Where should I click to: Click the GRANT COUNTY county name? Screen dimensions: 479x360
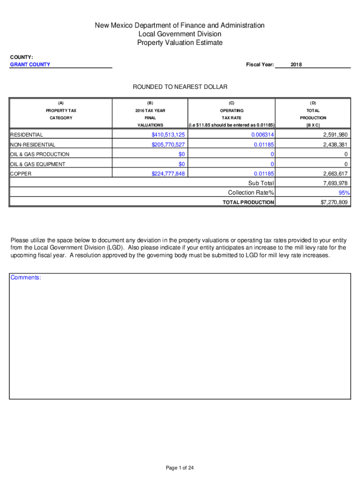pyautogui.click(x=30, y=65)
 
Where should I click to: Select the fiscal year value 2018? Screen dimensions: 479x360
pyautogui.click(x=296, y=65)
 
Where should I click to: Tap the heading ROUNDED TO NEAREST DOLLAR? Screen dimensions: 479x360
pyautogui.click(x=180, y=87)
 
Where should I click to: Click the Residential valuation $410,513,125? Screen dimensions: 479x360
pyautogui.click(x=165, y=135)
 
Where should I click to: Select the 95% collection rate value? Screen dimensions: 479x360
pyautogui.click(x=344, y=193)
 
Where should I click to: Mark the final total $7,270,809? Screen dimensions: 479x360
pyautogui.click(x=332, y=202)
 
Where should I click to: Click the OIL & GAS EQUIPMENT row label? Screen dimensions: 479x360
pyautogui.click(x=38, y=164)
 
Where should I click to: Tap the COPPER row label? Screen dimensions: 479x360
pyautogui.click(x=21, y=174)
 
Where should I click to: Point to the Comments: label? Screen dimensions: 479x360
pyautogui.click(x=26, y=278)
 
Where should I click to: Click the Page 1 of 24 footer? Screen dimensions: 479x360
pyautogui.click(x=180, y=468)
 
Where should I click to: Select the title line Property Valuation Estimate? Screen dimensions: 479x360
pyautogui.click(x=180, y=43)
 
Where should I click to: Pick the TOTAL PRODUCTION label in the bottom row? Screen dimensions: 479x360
pyautogui.click(x=248, y=202)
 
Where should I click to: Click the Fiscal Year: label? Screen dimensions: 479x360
pyautogui.click(x=260, y=65)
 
